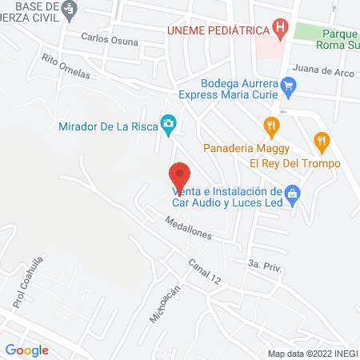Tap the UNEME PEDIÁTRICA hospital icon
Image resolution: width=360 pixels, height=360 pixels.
pos(279,30)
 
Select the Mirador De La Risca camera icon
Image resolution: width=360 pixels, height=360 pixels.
pos(168,123)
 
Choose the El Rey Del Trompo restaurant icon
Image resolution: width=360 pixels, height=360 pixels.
pos(322,142)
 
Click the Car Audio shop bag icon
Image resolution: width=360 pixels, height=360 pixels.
pos(292,193)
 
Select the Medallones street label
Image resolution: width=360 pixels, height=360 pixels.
pos(189,229)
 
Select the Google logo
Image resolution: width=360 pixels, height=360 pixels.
pos(26,350)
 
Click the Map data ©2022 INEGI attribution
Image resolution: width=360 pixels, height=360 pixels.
pos(312,354)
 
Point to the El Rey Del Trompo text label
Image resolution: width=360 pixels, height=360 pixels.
pos(294,163)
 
